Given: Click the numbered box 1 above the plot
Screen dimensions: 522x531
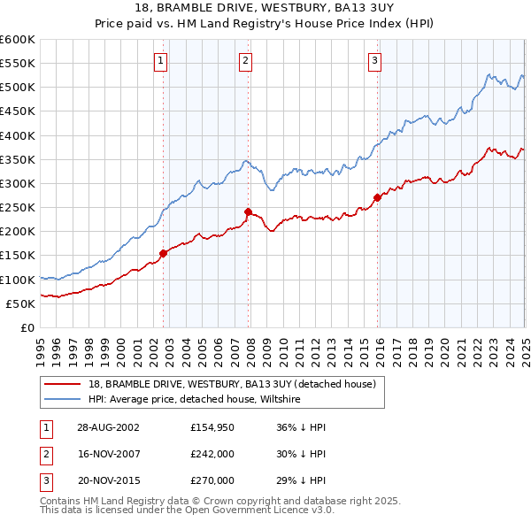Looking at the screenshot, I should coord(160,61).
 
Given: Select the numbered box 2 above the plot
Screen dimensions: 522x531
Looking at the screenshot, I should coord(245,61).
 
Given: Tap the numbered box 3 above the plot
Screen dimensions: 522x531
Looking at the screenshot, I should coord(374,61).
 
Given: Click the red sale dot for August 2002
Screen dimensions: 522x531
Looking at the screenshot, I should coord(164,253).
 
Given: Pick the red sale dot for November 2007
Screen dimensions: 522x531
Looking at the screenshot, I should coord(248,211).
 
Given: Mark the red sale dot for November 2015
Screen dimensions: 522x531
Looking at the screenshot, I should coord(377,197).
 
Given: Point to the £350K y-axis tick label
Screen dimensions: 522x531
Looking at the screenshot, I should coord(18,160).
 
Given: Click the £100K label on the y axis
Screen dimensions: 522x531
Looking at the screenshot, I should coord(18,280).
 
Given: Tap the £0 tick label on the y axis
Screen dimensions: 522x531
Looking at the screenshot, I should coord(27,327).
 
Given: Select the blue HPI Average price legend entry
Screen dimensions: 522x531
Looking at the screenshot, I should coord(195,400).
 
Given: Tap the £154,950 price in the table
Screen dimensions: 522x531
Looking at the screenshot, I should coord(212,427).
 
